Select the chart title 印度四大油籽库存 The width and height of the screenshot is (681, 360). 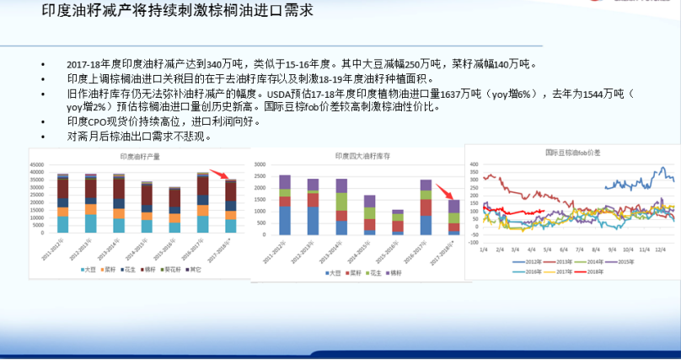click(x=357, y=158)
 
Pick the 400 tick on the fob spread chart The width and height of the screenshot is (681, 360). click(x=474, y=165)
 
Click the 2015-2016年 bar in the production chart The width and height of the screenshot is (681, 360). click(x=174, y=210)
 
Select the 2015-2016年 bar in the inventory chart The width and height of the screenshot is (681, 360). click(x=398, y=222)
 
